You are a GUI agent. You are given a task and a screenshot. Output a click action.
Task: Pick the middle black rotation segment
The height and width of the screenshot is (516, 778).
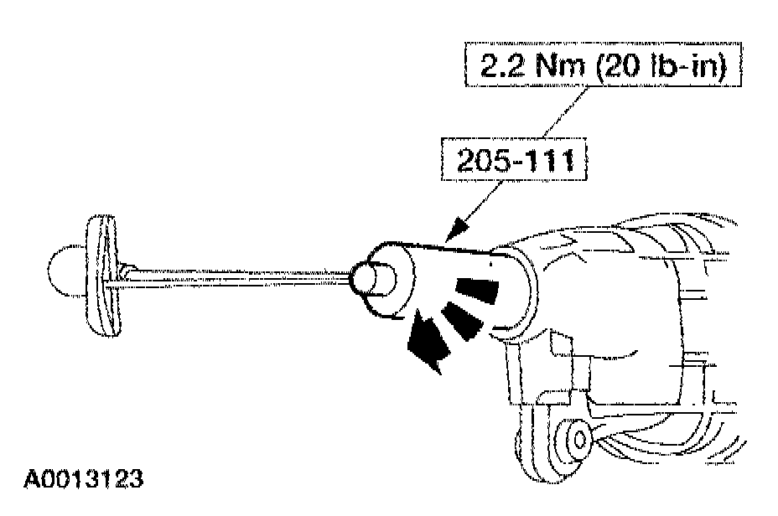point(459,321)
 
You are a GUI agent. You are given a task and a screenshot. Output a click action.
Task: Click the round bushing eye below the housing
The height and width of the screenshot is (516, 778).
point(577,436)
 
